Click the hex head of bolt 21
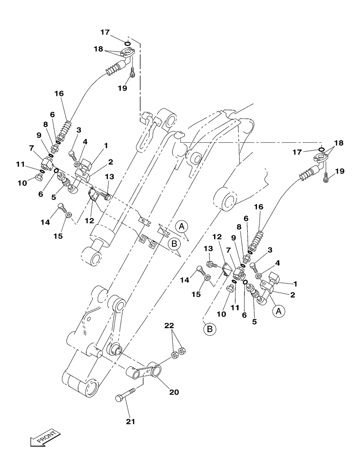pos(119,399)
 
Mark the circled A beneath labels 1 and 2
pos(279,311)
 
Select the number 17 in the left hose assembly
pos(105,32)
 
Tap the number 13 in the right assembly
pos(208,249)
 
